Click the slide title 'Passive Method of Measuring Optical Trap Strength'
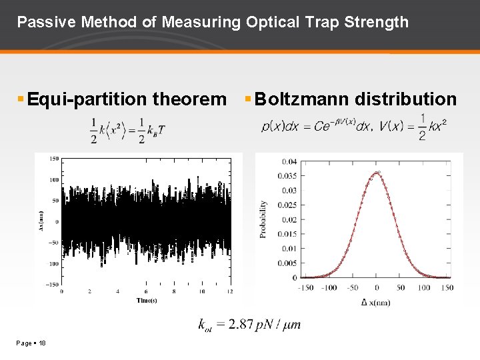pyautogui.click(x=213, y=22)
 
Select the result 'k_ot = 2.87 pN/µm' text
pyautogui.click(x=250, y=325)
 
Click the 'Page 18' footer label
pyautogui.click(x=31, y=343)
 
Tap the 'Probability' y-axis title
pyautogui.click(x=263, y=219)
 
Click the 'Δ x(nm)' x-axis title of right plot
pyautogui.click(x=377, y=303)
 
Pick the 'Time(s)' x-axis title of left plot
pyautogui.click(x=146, y=300)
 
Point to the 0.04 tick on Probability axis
pyautogui.click(x=289, y=161)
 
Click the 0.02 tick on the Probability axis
pyautogui.click(x=289, y=219)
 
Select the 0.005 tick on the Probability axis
pyautogui.click(x=287, y=263)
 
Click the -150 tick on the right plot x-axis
pyautogui.click(x=305, y=288)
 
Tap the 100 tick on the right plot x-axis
pyautogui.click(x=424, y=288)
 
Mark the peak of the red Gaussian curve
pyautogui.click(x=377, y=173)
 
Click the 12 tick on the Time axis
pyautogui.click(x=229, y=291)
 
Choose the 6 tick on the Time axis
pyautogui.click(x=146, y=291)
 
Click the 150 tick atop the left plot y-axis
pyautogui.click(x=54, y=159)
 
